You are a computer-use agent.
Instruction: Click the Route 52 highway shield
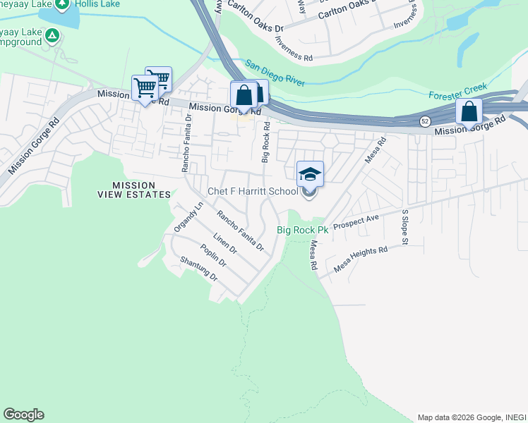pos(425,121)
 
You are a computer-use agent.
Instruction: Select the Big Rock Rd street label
pos(266,142)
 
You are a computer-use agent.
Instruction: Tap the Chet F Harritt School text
pos(253,192)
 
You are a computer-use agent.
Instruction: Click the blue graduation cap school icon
pos(310,173)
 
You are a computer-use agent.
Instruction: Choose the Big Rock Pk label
pos(302,231)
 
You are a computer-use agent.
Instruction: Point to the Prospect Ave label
pos(356,222)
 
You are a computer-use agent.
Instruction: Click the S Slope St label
pos(405,227)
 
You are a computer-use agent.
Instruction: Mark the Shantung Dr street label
pos(199,269)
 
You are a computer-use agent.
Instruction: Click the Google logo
pos(23,415)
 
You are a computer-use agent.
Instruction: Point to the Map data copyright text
pos(472,417)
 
